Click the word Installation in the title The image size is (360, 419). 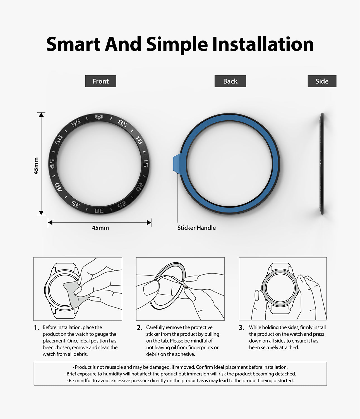[x=263, y=44]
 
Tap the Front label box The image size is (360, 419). [x=100, y=81]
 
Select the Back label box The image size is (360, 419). [x=230, y=81]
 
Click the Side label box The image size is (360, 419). [x=322, y=81]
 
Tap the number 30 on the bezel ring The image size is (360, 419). [x=99, y=210]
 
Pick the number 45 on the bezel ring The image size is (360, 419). [x=52, y=163]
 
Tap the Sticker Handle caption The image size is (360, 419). [x=196, y=228]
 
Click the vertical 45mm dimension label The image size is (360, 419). [x=36, y=166]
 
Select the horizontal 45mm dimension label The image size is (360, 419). [x=100, y=228]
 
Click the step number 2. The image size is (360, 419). [x=140, y=328]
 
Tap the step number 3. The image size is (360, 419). [x=241, y=328]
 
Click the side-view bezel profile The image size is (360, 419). [x=322, y=164]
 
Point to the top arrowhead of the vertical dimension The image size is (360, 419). [x=41, y=115]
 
